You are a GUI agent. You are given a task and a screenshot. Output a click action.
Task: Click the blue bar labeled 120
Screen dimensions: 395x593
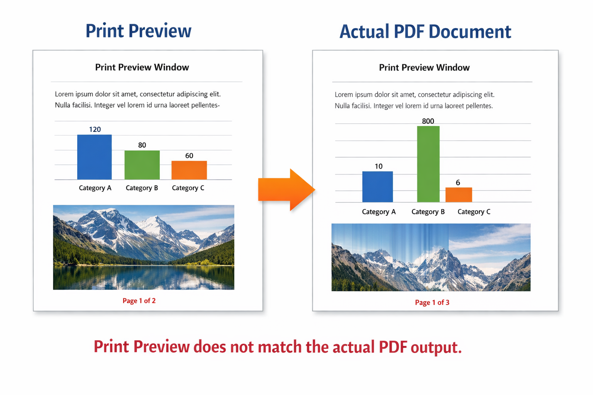[x=95, y=157]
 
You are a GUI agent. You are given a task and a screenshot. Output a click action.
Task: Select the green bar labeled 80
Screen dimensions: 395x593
[x=142, y=165]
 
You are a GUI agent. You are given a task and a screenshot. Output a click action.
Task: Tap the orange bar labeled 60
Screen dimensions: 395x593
[x=189, y=170]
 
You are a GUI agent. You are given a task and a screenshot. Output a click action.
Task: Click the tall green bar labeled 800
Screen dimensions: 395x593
[x=428, y=164]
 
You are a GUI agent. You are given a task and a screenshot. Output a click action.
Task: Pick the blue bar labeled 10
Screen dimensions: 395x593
[x=378, y=187]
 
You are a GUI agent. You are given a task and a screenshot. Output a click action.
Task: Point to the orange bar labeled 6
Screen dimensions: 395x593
[x=459, y=195]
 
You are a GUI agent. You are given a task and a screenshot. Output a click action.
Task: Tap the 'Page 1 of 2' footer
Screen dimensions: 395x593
[x=139, y=301]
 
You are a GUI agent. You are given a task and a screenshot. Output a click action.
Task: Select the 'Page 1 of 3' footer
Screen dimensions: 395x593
[x=432, y=302]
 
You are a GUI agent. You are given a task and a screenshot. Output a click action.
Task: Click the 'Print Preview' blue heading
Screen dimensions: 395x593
[x=138, y=31]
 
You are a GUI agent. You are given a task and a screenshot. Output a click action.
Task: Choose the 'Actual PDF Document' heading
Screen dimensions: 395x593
[x=425, y=32]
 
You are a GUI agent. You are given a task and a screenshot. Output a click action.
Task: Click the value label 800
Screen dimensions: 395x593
[x=428, y=121]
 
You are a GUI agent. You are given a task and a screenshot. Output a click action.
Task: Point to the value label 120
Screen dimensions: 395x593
[x=95, y=130]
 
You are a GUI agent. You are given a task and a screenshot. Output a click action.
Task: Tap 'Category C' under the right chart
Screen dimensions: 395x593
[x=474, y=212]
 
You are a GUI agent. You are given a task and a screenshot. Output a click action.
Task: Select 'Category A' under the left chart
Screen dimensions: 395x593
[x=95, y=188]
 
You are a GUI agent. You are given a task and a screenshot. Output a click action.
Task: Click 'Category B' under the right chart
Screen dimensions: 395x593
[x=428, y=212]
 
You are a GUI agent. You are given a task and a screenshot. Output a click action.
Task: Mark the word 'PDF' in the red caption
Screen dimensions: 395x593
[x=393, y=347]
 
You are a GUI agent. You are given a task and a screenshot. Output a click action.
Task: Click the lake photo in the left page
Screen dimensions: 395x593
[x=144, y=247]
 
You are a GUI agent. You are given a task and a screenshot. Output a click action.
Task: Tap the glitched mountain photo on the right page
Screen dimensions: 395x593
[x=431, y=257]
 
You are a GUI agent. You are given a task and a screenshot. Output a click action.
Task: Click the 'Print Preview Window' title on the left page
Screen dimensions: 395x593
[x=142, y=68]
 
